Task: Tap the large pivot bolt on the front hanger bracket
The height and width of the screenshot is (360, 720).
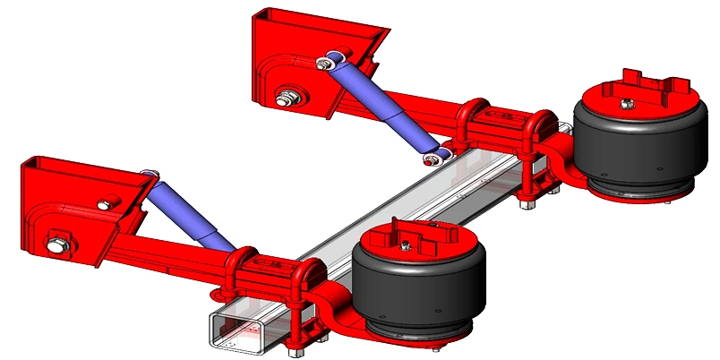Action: click(60, 240)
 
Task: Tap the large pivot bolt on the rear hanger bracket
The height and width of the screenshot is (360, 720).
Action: click(288, 98)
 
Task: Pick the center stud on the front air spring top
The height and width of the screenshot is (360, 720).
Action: click(408, 244)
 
